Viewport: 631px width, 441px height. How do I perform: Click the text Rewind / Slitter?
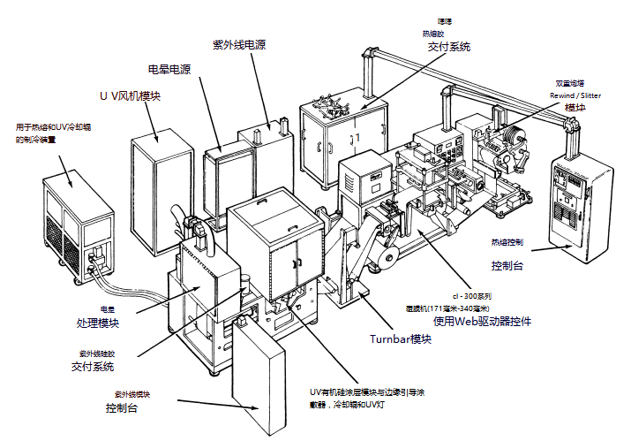coord(575,95)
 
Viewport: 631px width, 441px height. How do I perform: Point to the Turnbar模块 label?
coord(402,338)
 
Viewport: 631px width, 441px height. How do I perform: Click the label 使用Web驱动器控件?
coord(482,321)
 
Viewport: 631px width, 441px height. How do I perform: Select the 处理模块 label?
coord(124,323)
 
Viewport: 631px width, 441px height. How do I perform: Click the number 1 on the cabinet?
coord(357,138)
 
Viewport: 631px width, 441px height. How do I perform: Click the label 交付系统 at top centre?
coord(449,46)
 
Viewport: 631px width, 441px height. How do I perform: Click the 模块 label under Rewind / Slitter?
coord(575,107)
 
